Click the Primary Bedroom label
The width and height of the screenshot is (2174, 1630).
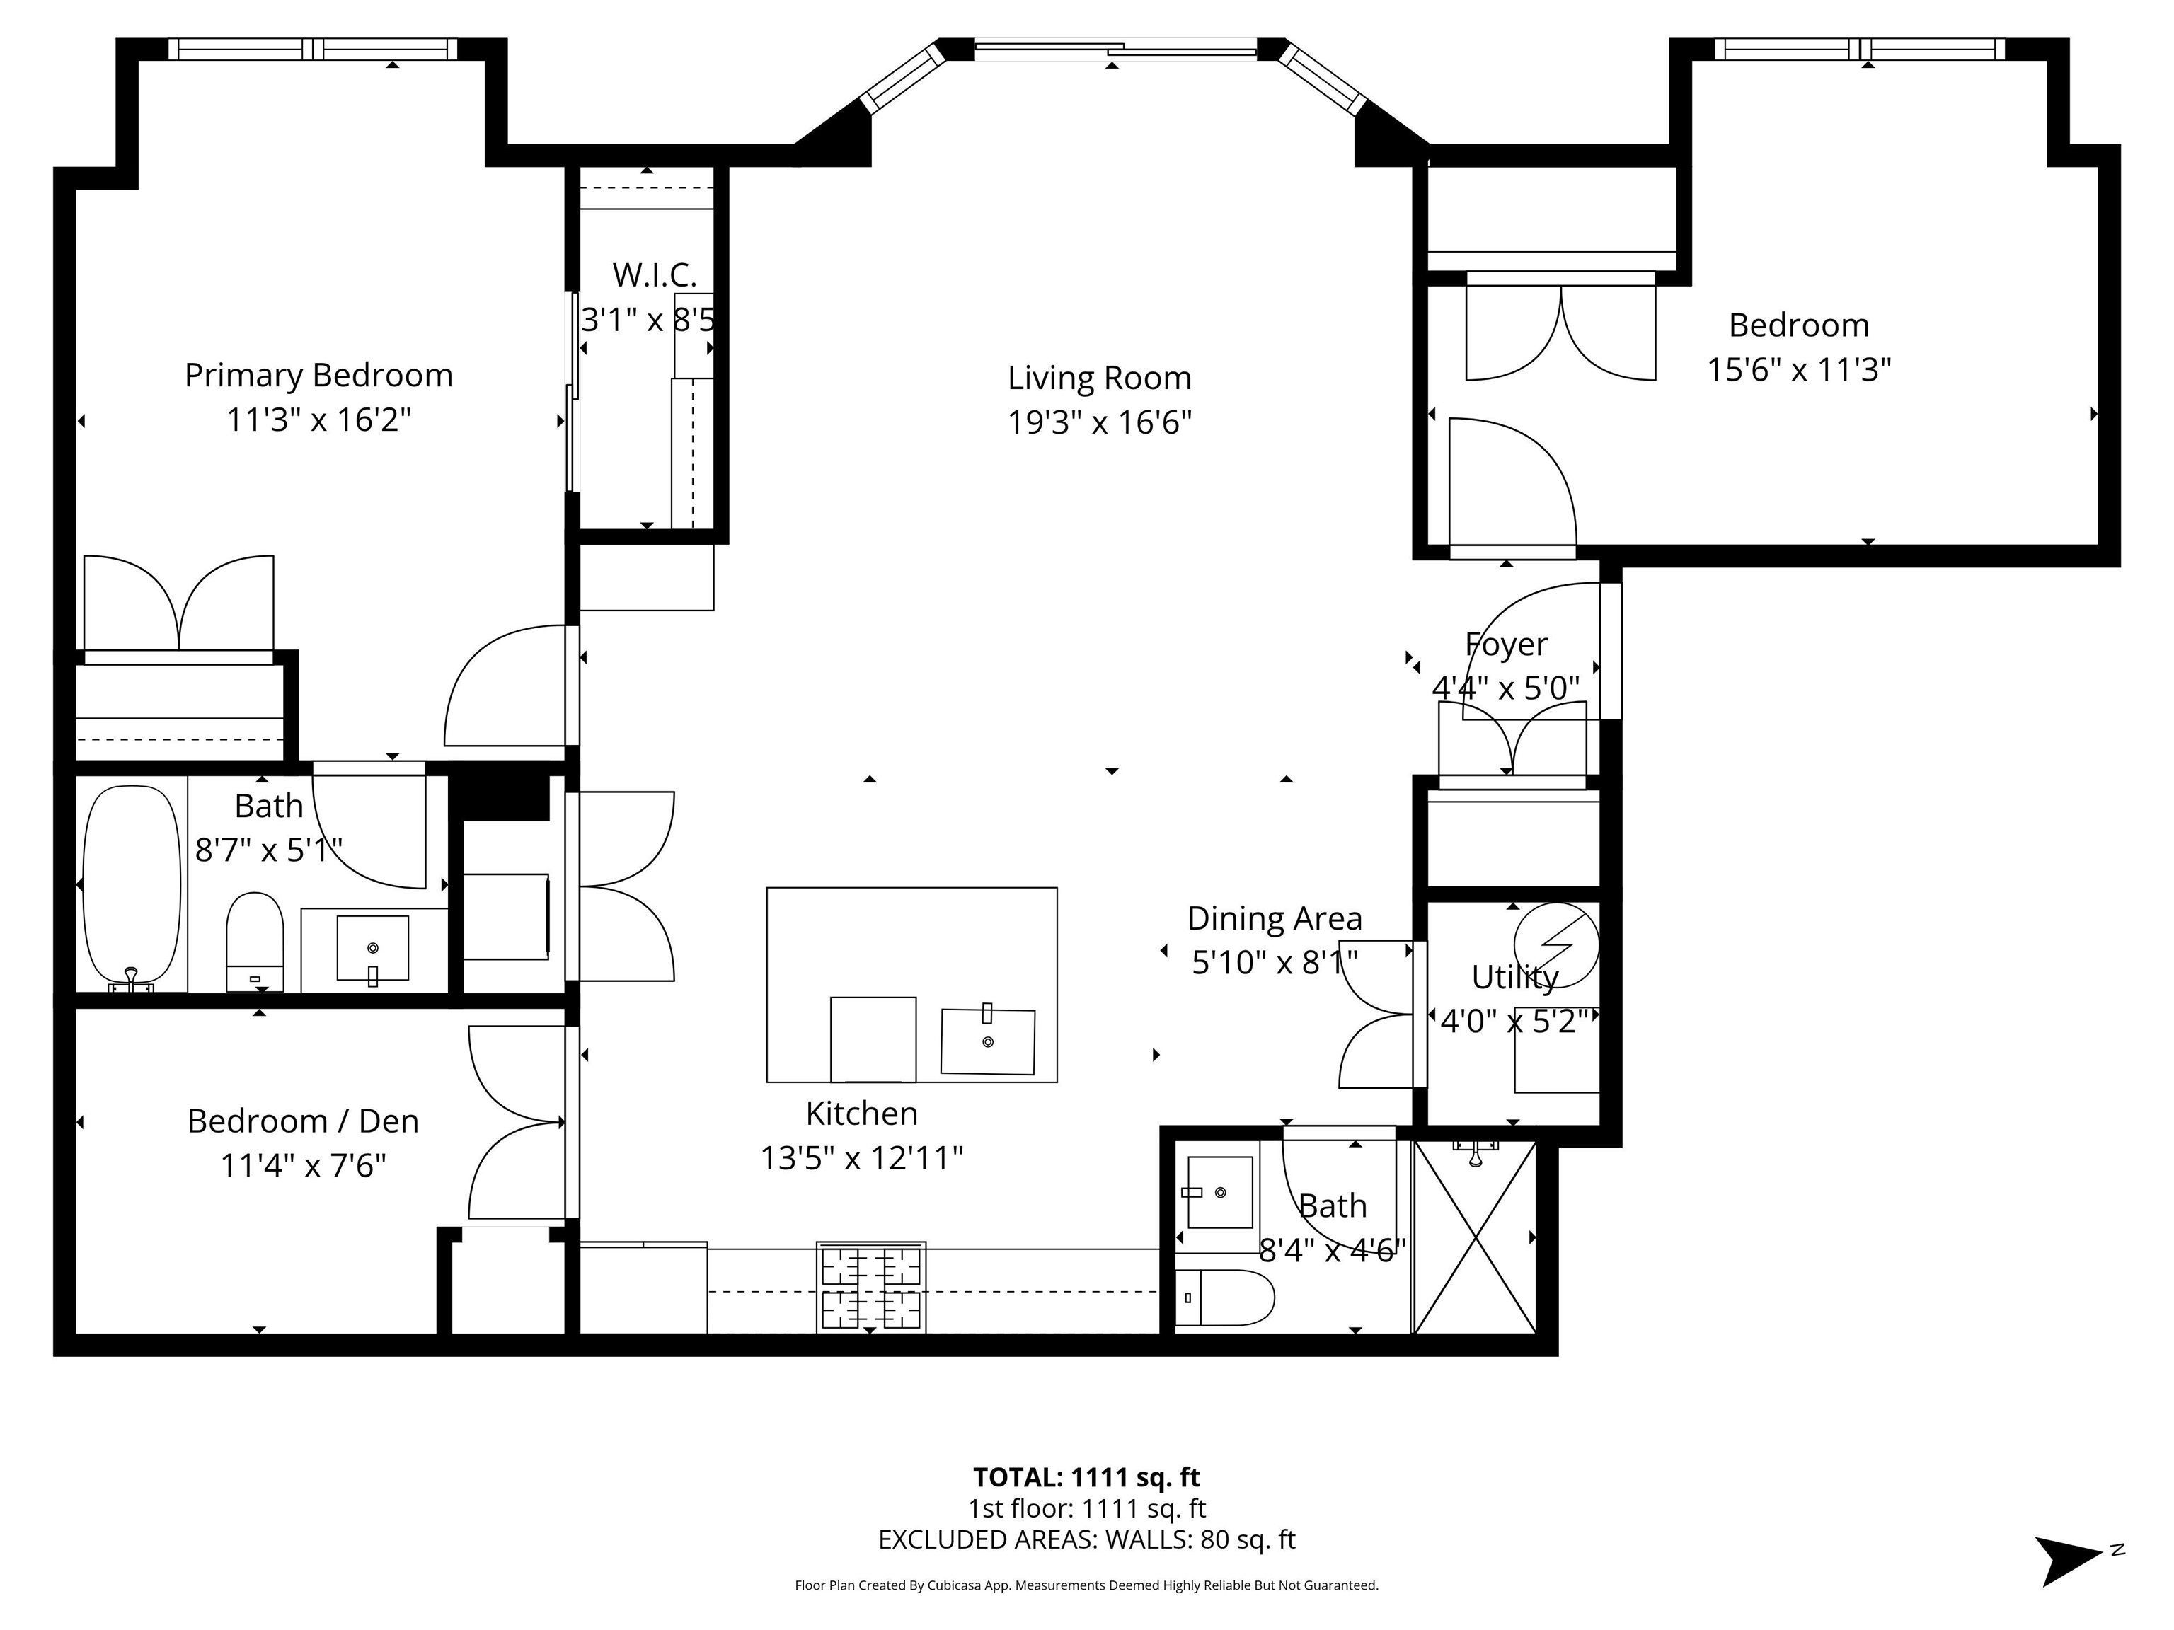coord(318,376)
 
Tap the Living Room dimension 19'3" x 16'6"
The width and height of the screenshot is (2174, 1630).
coord(1100,422)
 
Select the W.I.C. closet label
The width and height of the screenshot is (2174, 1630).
coord(655,275)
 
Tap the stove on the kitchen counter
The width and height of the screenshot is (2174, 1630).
coord(870,1287)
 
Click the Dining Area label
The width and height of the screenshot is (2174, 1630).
coord(1275,919)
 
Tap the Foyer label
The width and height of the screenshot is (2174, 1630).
coord(1506,645)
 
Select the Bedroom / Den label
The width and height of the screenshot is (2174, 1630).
coord(303,1121)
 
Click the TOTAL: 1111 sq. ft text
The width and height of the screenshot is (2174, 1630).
coord(1086,1476)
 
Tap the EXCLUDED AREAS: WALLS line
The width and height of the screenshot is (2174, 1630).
coord(1086,1539)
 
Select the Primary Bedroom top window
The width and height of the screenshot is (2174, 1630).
coord(313,49)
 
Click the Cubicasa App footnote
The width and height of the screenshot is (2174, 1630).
coord(1086,1585)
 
